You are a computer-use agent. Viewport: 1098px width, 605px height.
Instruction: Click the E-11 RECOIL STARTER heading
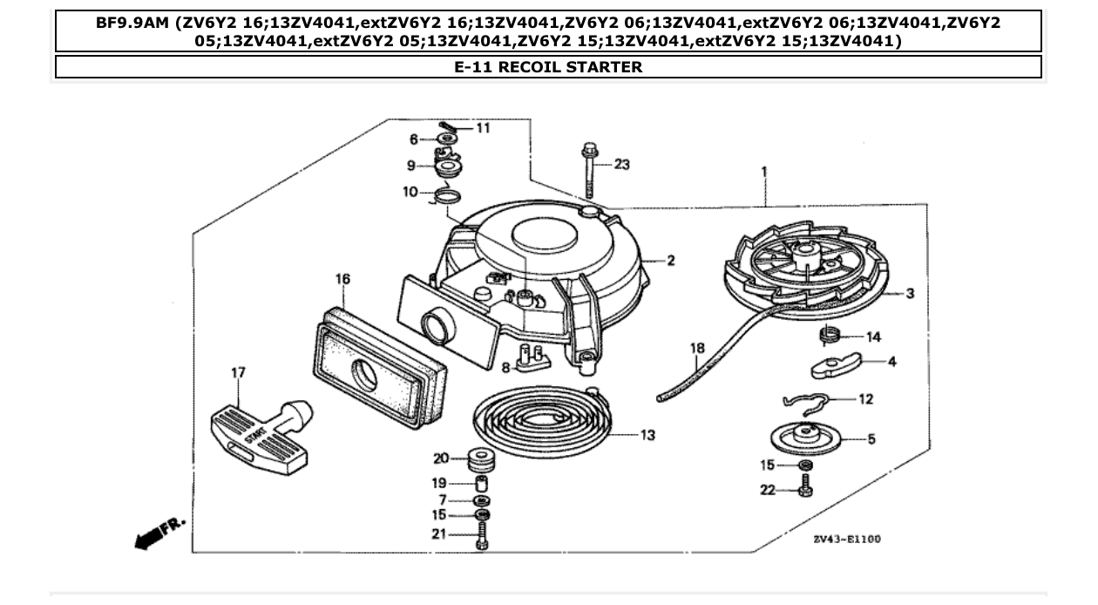[548, 67]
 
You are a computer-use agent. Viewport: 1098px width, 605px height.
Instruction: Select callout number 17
[237, 373]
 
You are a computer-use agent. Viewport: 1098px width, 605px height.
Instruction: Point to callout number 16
[342, 279]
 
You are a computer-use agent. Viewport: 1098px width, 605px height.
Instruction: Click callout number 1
[764, 172]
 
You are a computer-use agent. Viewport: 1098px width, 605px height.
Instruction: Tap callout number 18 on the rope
[697, 349]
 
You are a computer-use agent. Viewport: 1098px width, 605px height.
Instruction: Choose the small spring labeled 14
[830, 335]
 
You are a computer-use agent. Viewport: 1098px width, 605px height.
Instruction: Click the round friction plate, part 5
[809, 435]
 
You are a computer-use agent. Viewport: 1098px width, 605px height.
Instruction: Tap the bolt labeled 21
[483, 535]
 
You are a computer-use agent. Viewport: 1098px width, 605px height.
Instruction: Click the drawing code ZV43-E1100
[846, 540]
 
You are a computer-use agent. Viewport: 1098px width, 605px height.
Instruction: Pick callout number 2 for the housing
[670, 261]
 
